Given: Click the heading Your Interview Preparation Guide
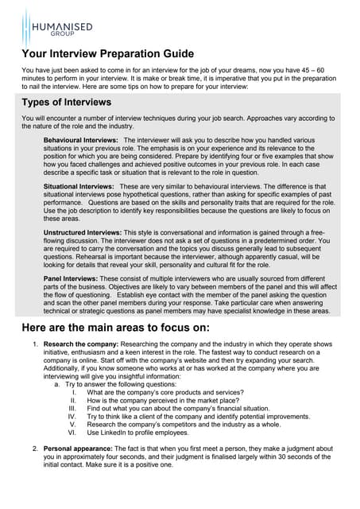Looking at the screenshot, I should coord(107,54).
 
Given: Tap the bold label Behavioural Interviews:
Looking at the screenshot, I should coord(81,140).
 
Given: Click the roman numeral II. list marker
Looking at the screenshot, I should coord(72,401).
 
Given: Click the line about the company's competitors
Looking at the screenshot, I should coord(183,425).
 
